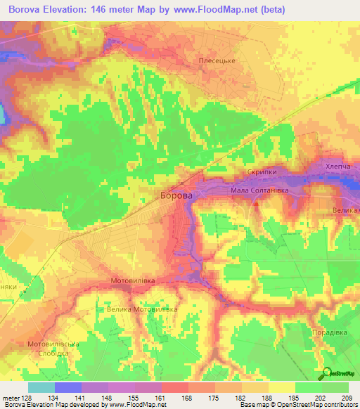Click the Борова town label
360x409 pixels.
[x=176, y=197]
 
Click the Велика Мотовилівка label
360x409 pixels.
[x=138, y=309]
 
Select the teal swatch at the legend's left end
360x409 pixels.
[x=41, y=387]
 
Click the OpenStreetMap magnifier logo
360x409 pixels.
[x=326, y=372]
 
